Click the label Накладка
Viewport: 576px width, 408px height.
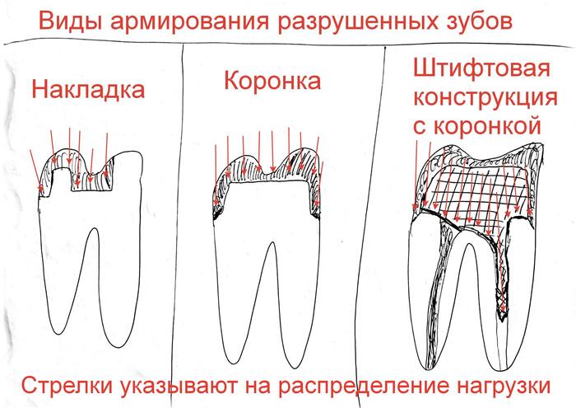click(x=88, y=88)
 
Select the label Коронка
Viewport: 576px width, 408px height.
click(x=272, y=82)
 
